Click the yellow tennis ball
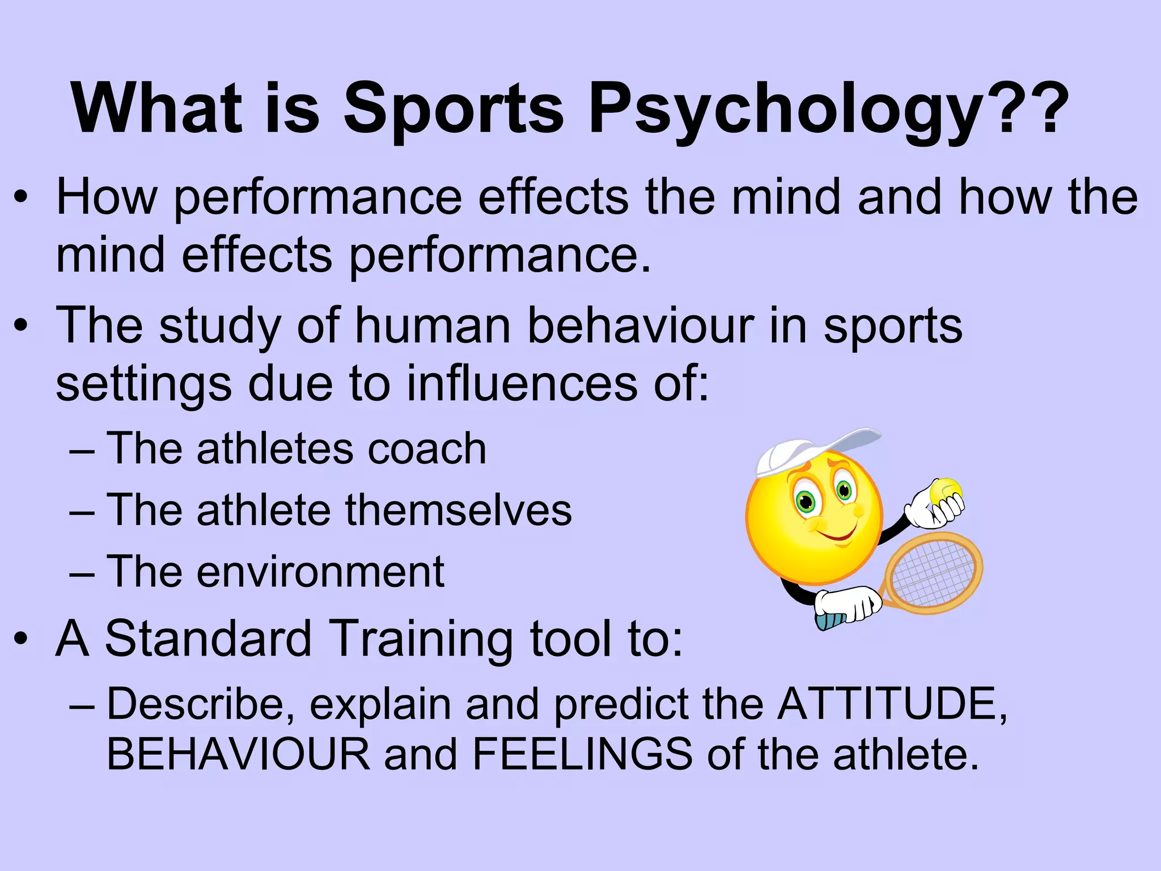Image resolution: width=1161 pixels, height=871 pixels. (x=946, y=491)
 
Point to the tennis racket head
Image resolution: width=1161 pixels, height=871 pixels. (x=934, y=573)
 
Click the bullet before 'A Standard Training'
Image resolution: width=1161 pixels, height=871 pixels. (x=21, y=640)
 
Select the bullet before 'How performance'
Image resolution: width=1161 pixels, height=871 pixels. (x=21, y=198)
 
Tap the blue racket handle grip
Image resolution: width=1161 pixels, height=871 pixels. (x=831, y=621)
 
